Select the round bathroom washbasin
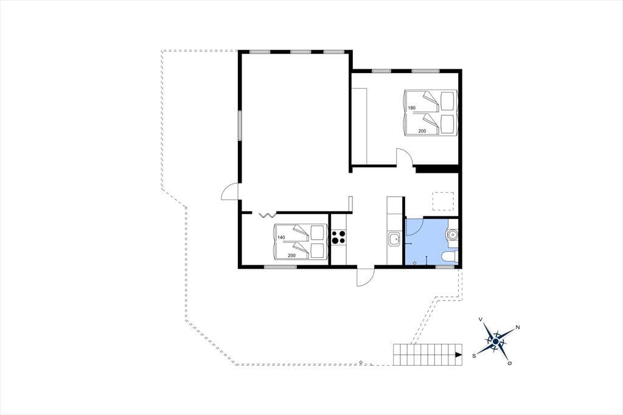point(452,235)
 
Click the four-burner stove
point(338,238)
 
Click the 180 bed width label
point(412,108)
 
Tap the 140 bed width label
point(281,238)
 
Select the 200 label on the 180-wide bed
point(422,131)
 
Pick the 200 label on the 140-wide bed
point(291,255)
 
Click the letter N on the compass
point(518,327)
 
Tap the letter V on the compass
point(481,319)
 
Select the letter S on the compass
point(474,356)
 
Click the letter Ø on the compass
point(510,363)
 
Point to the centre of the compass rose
point(495,341)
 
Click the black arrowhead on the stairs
point(459,355)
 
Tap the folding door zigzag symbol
point(268,215)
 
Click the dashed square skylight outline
point(443,201)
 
